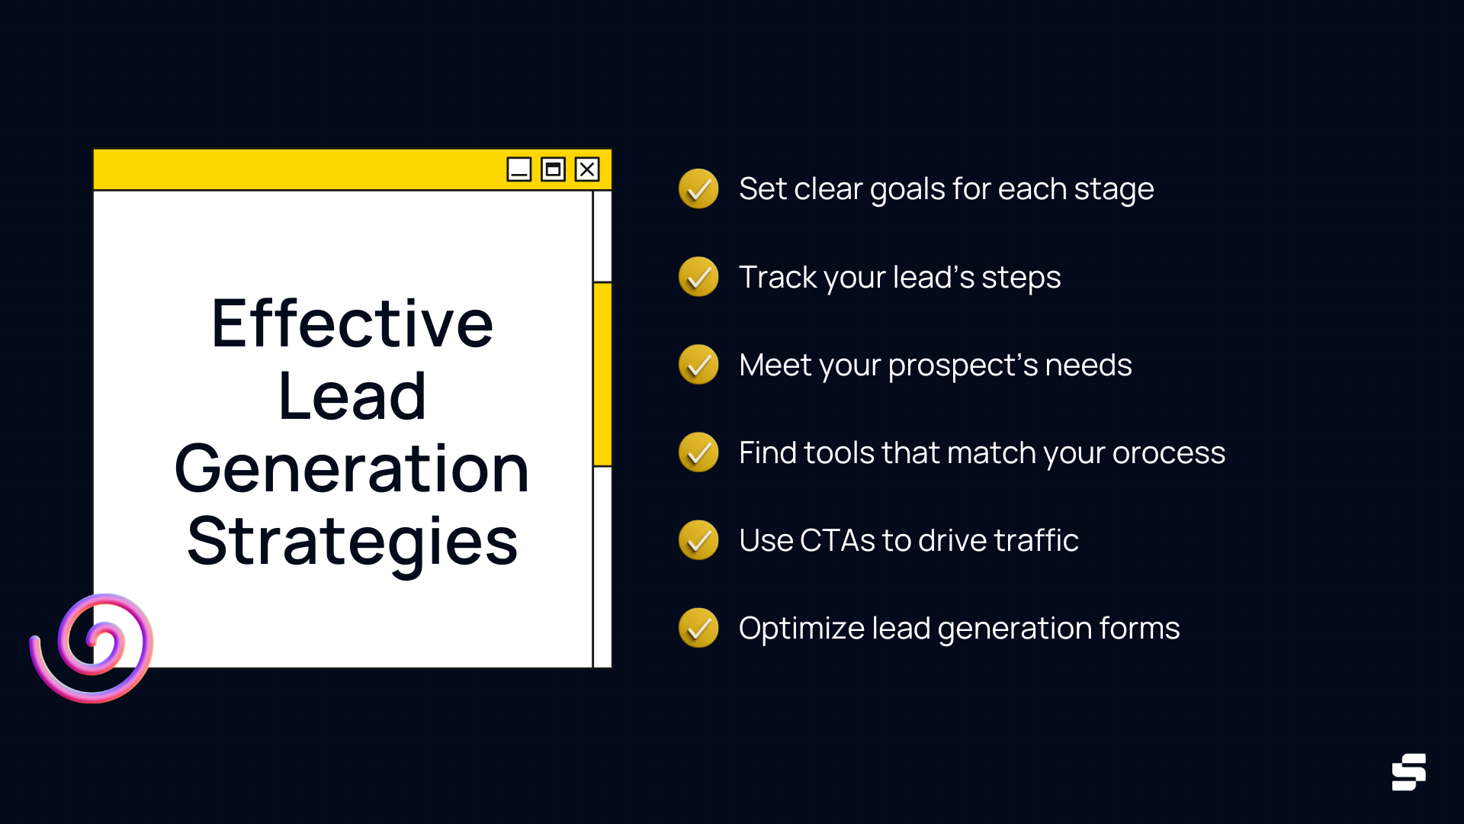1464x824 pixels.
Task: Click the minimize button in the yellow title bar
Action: tap(519, 169)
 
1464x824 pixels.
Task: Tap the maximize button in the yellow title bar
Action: tap(553, 169)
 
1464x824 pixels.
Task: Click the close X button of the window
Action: tap(587, 169)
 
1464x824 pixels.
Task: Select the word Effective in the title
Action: tap(352, 324)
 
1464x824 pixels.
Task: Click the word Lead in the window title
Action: tap(352, 397)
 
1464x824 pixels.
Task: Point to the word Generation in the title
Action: tap(352, 469)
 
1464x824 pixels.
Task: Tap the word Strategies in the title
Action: tap(352, 542)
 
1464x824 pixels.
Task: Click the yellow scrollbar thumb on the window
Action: tap(602, 374)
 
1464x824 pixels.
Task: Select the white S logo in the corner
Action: tap(1408, 772)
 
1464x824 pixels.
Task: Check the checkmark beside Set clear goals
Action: tap(698, 189)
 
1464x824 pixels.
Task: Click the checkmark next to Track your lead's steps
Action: tap(698, 277)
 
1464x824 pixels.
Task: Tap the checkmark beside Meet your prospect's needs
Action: tap(698, 365)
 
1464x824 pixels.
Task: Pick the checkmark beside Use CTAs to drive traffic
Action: tap(698, 540)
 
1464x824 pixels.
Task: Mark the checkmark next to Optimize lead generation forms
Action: tap(698, 628)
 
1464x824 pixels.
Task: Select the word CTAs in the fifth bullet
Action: tap(837, 541)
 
